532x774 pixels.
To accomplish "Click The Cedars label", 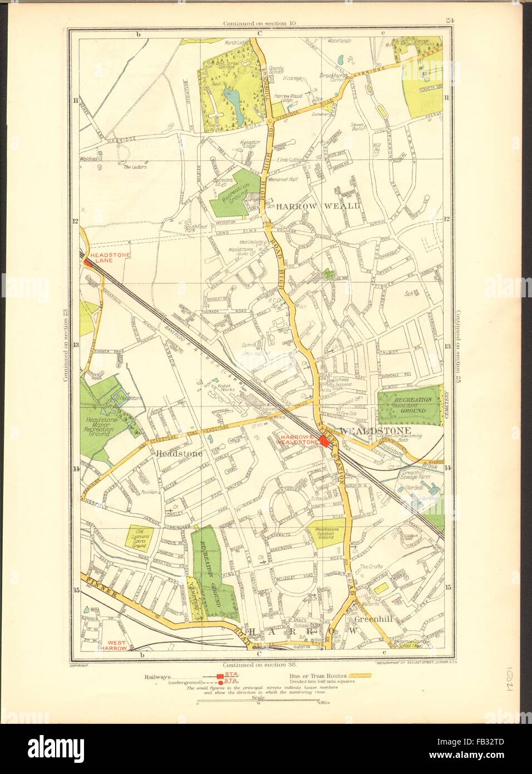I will click(134, 167).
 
